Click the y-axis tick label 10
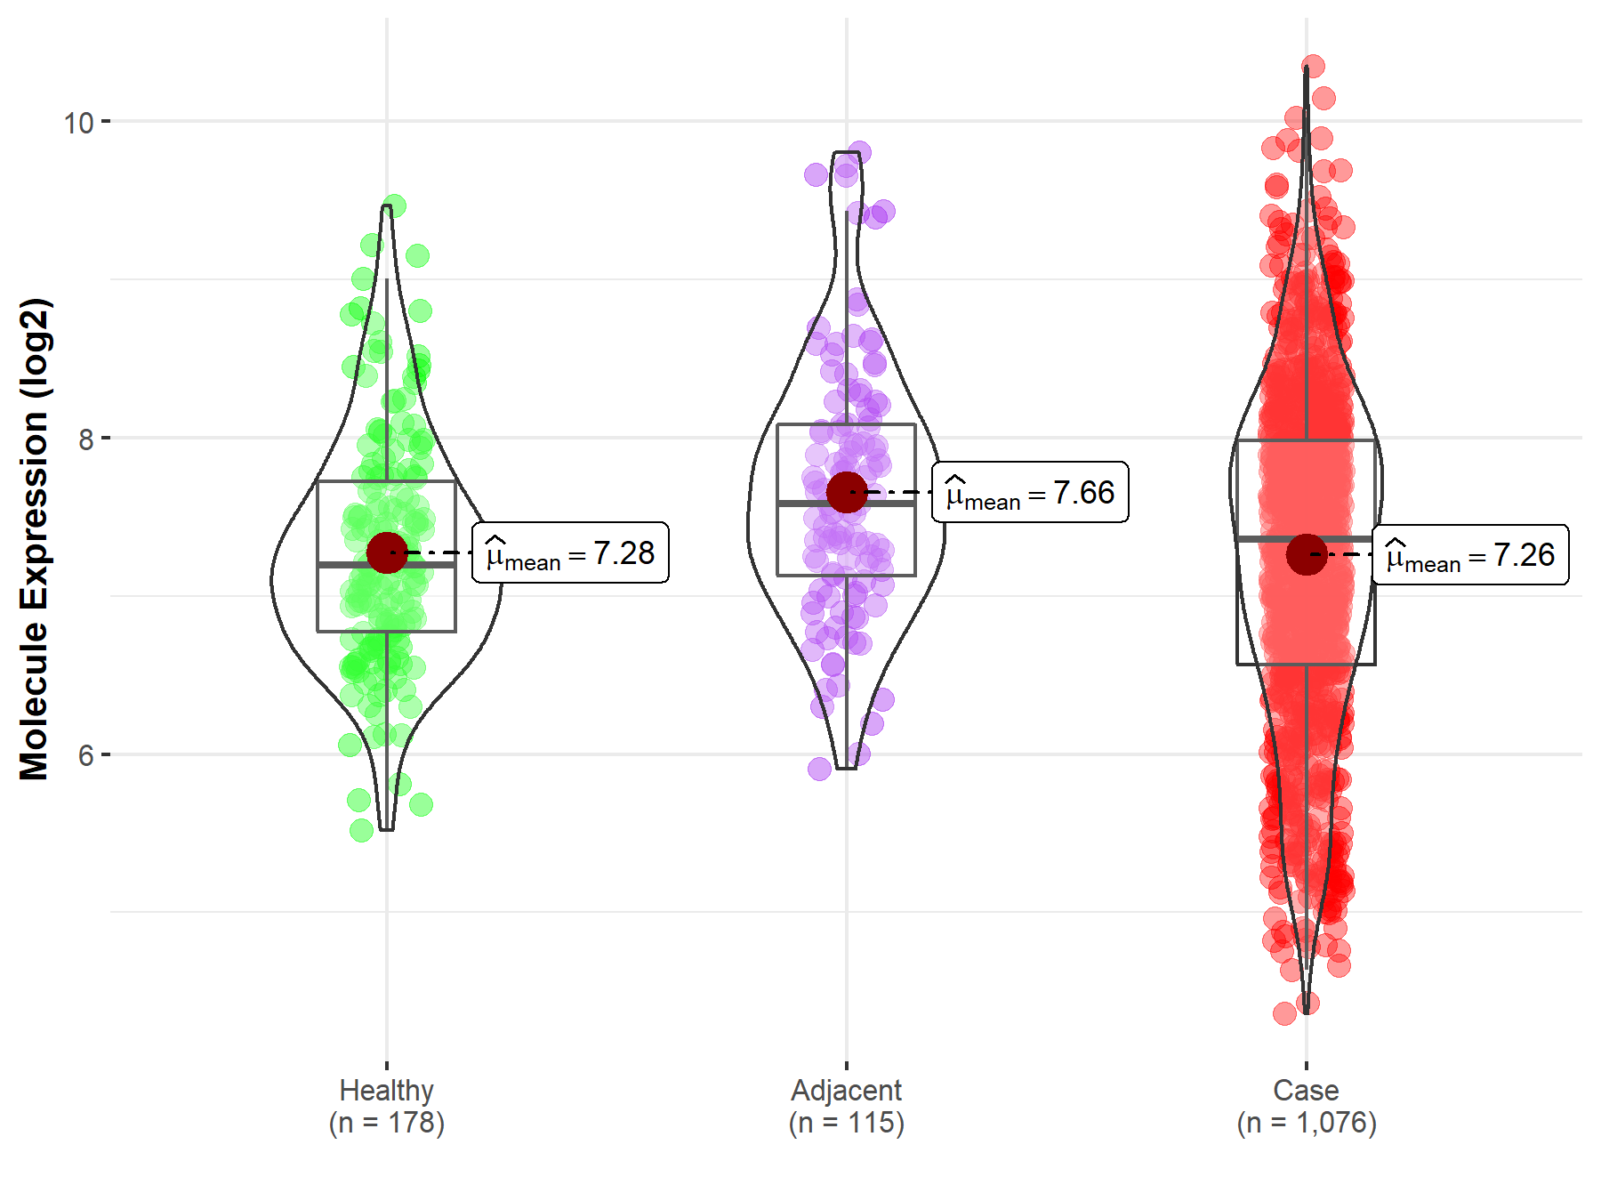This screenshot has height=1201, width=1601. click(78, 123)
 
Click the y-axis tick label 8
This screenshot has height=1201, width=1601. click(85, 439)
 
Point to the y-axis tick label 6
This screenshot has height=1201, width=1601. click(85, 756)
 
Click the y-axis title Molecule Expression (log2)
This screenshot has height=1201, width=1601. click(34, 539)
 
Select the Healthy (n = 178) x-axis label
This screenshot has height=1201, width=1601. click(386, 1106)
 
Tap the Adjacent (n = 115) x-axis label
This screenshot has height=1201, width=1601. click(846, 1106)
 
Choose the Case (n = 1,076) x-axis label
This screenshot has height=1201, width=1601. click(1306, 1106)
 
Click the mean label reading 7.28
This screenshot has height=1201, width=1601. click(570, 553)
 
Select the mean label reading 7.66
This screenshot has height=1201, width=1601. click(1030, 492)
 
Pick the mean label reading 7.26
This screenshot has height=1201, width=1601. click(1470, 555)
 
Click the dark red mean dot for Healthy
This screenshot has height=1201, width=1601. click(387, 553)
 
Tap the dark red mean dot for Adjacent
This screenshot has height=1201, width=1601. click(847, 492)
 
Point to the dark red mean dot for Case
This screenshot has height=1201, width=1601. click(1307, 555)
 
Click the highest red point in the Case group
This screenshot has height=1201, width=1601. click(1313, 67)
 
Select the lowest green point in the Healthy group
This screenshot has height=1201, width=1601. click(362, 831)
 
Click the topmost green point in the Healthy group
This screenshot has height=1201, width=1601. click(394, 206)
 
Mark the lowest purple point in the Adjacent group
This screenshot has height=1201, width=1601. click(820, 769)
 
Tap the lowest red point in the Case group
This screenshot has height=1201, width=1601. click(1284, 1013)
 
